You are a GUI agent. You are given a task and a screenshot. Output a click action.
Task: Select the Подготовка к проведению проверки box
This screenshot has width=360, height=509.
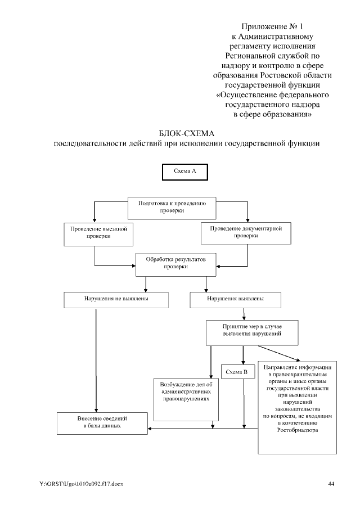click(173, 208)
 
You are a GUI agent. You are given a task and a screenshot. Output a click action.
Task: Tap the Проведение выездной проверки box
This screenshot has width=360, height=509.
click(98, 233)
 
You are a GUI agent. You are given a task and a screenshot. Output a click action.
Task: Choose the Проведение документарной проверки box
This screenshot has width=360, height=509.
click(246, 232)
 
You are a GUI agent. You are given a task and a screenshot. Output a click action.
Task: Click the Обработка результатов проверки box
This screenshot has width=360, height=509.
click(176, 264)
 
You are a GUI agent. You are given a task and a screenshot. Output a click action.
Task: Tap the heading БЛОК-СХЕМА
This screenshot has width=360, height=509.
click(186, 133)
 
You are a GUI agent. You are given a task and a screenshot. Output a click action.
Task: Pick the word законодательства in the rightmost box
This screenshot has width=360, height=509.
click(297, 409)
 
